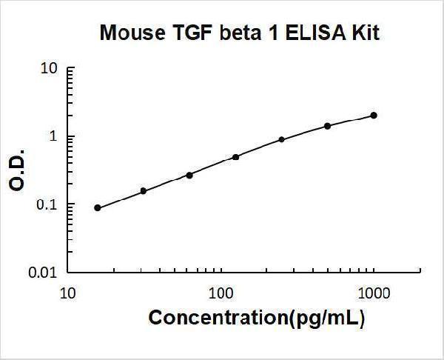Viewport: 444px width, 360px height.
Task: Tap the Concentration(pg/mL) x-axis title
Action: coord(257,319)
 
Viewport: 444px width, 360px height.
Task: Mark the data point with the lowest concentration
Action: coord(98,208)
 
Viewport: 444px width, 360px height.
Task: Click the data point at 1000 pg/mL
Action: coord(374,116)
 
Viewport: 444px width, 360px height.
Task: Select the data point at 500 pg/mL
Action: coord(328,126)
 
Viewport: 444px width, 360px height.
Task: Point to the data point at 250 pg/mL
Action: coord(282,139)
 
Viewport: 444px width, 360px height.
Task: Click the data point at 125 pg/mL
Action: coord(236,157)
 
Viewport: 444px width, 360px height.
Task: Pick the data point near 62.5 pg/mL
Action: coord(189,175)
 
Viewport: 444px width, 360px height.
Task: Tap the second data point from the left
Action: coord(144,191)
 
